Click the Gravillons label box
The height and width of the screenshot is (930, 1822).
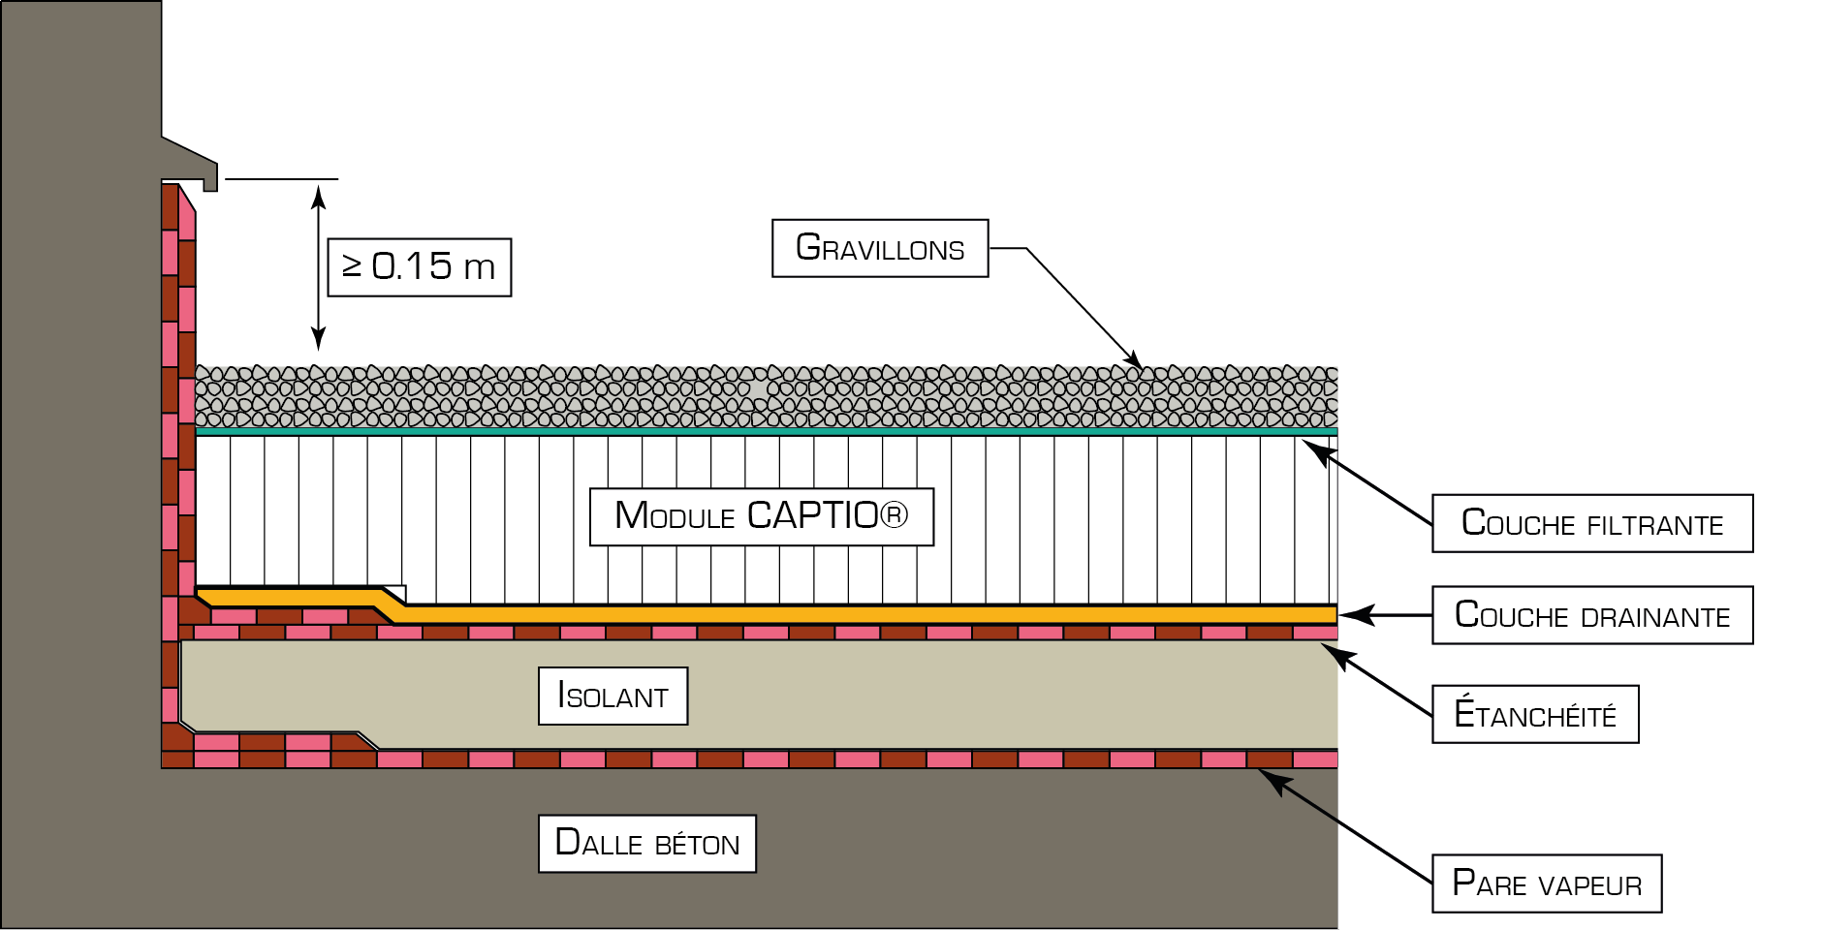click(x=880, y=248)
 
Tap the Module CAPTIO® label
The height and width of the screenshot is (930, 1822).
click(x=762, y=517)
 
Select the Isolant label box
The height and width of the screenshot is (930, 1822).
click(x=613, y=696)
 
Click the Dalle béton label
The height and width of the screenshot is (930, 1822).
click(x=647, y=844)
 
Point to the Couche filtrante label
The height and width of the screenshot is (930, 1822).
click(x=1592, y=523)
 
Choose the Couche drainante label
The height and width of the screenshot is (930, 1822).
click(x=1592, y=615)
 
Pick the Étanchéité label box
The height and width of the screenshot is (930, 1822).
click(x=1535, y=714)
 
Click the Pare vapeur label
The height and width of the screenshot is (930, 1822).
click(x=1547, y=883)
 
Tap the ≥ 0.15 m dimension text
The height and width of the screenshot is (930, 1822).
click(x=419, y=266)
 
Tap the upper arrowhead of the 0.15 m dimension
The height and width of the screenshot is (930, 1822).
click(x=318, y=197)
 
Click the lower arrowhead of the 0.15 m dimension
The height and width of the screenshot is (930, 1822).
click(x=318, y=335)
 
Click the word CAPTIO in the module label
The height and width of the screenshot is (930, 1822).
click(x=813, y=515)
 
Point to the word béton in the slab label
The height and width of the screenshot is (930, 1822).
click(x=697, y=844)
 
